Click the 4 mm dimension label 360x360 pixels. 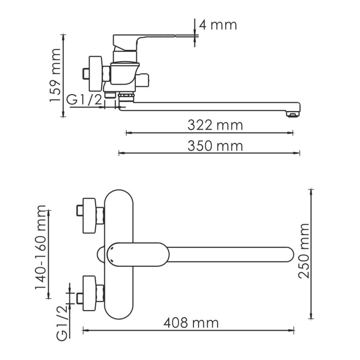(x=218, y=24)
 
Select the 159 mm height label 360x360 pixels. (x=55, y=75)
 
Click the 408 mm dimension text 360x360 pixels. (x=191, y=323)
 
